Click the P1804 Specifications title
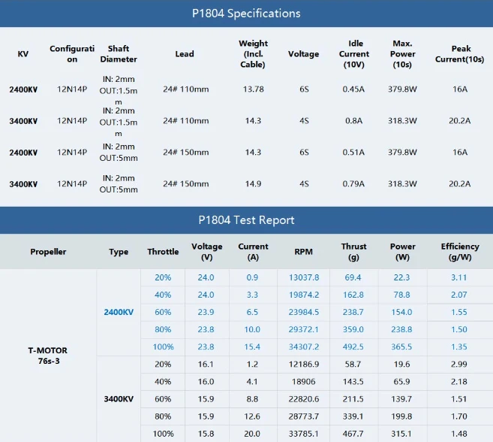pyautogui.click(x=246, y=14)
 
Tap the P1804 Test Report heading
pyautogui.click(x=246, y=220)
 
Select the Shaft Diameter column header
pyautogui.click(x=119, y=54)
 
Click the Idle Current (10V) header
pyautogui.click(x=354, y=54)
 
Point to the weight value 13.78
pyautogui.click(x=253, y=89)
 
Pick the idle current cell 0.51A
pyautogui.click(x=353, y=153)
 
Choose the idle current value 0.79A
pyautogui.click(x=353, y=184)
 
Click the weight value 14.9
pyautogui.click(x=253, y=184)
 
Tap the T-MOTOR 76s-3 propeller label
pyautogui.click(x=48, y=356)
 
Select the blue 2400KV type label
pyautogui.click(x=119, y=312)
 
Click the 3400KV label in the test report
pyautogui.click(x=119, y=399)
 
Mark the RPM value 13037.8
pyautogui.click(x=304, y=277)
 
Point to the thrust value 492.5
pyautogui.click(x=353, y=347)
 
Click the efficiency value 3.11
pyautogui.click(x=459, y=277)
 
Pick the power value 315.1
pyautogui.click(x=401, y=434)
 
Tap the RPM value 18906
pyautogui.click(x=303, y=382)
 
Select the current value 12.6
pyautogui.click(x=252, y=416)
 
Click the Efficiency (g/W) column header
pyautogui.click(x=460, y=252)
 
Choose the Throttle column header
pyautogui.click(x=163, y=252)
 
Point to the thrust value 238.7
pyautogui.click(x=353, y=312)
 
